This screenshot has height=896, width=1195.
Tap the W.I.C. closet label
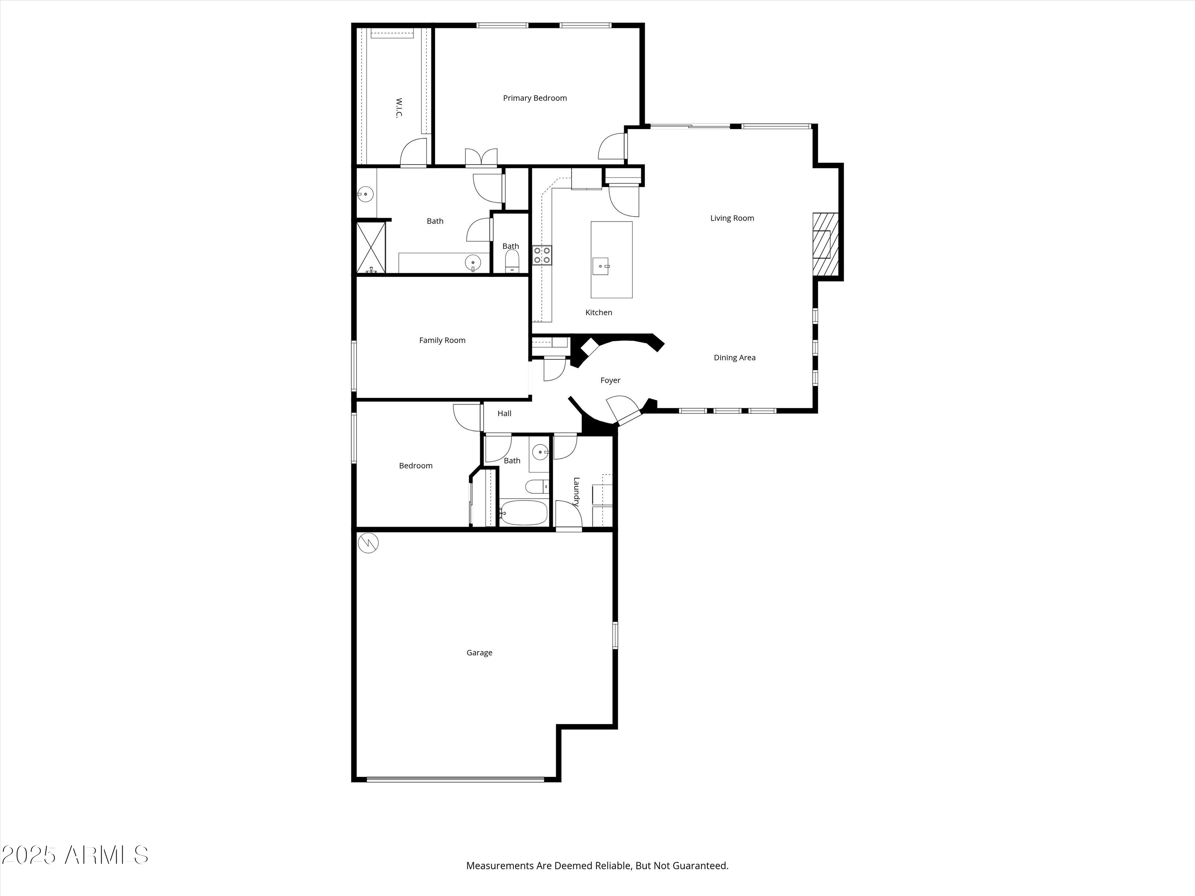click(399, 108)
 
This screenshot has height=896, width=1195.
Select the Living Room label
click(732, 218)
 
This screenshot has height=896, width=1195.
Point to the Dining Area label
click(735, 358)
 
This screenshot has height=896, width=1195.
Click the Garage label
click(479, 652)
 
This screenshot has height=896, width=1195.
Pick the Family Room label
click(442, 340)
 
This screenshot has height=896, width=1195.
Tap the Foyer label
click(611, 380)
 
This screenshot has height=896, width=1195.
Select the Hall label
click(505, 413)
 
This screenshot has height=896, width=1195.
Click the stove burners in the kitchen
click(543, 255)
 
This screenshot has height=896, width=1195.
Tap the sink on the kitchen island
click(601, 266)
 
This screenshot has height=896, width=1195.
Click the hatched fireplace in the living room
click(825, 244)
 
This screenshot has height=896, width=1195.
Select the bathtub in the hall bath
click(523, 513)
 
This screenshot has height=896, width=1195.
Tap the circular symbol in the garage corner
click(368, 543)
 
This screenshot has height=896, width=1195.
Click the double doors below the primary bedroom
click(481, 157)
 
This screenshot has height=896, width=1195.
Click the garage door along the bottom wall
click(455, 779)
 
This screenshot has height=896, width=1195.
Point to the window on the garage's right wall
click(615, 635)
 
